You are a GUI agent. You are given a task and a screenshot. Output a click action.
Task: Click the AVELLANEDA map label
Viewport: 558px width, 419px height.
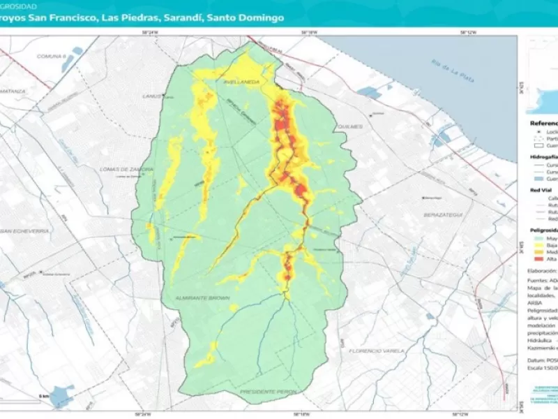coord(242,82)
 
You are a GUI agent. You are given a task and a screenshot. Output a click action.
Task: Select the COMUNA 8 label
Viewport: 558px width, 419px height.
coord(50,56)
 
